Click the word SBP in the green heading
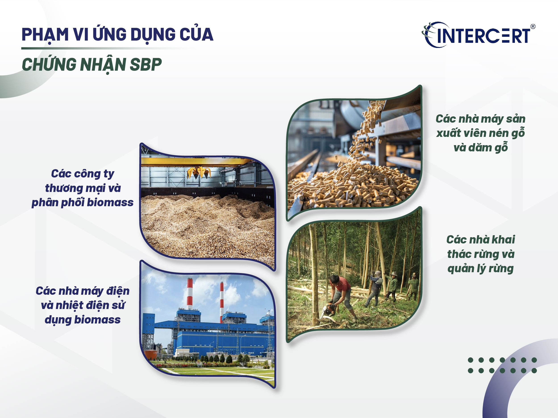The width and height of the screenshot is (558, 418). point(146,65)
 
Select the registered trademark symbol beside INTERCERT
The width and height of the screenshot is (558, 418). point(533,27)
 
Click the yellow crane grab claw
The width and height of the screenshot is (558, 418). point(199,172)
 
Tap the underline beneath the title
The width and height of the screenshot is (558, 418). point(111,48)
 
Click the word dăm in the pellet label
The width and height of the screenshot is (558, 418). point(480,148)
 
